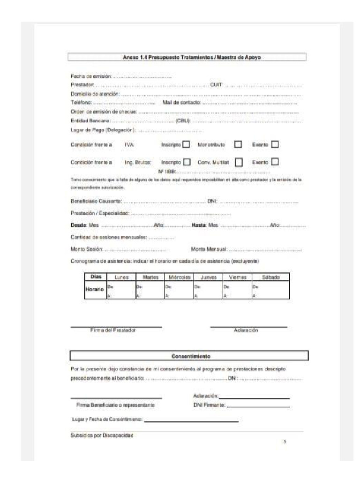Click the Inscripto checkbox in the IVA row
pos(186,145)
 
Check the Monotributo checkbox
pos(238,145)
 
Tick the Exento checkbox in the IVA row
pos(275,145)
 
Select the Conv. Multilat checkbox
pos(238,162)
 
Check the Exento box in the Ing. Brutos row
pos(275,162)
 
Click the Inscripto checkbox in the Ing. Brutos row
pos(186,162)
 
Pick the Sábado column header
pos(270,277)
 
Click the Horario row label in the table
pos(94,289)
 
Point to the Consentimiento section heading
pos(188,355)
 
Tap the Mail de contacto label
pos(181,102)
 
